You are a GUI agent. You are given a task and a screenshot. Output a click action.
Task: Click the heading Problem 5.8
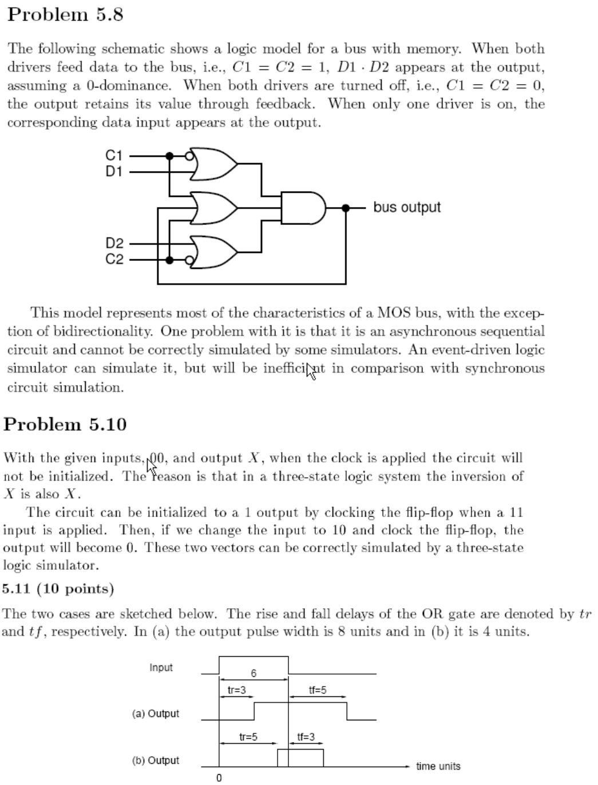click(65, 14)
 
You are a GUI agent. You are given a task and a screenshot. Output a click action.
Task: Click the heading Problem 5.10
click(65, 425)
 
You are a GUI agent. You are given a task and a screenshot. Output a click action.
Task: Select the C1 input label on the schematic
click(114, 155)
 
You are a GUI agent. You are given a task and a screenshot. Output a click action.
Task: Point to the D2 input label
click(114, 244)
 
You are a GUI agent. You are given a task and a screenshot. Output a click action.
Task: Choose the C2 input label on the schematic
click(114, 259)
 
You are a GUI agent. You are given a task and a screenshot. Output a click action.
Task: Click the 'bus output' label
click(407, 207)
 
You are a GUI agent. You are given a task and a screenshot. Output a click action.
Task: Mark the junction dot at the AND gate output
click(345, 208)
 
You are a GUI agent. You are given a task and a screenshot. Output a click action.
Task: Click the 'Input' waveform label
click(161, 668)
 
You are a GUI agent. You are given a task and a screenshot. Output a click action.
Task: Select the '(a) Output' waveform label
click(155, 713)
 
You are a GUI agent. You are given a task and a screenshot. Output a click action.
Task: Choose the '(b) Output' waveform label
click(155, 760)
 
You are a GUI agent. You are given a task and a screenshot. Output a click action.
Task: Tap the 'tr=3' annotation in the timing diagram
click(236, 690)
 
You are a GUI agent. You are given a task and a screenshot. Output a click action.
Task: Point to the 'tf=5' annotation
click(317, 690)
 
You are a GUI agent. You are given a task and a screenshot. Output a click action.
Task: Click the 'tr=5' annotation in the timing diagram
click(248, 737)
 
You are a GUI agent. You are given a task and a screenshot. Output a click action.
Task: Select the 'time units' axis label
click(438, 766)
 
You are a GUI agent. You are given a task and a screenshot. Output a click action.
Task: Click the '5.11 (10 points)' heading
click(58, 589)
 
